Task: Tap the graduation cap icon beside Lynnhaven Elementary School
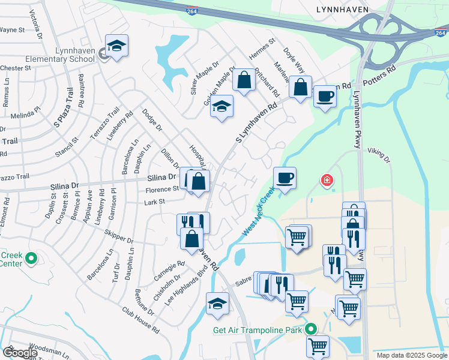point(116,46)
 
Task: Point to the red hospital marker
point(327,179)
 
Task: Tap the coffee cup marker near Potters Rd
point(325,96)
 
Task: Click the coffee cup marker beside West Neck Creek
point(285,178)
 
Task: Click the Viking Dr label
point(379,156)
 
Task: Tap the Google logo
point(20,353)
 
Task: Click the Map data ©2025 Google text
point(411,355)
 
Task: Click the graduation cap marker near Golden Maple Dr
point(222,106)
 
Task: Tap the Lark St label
point(154,202)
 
